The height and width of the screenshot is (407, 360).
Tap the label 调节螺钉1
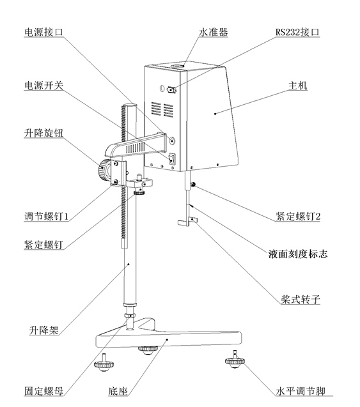click(45, 217)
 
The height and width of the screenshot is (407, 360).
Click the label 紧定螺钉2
click(298, 217)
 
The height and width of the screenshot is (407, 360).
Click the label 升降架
click(44, 330)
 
